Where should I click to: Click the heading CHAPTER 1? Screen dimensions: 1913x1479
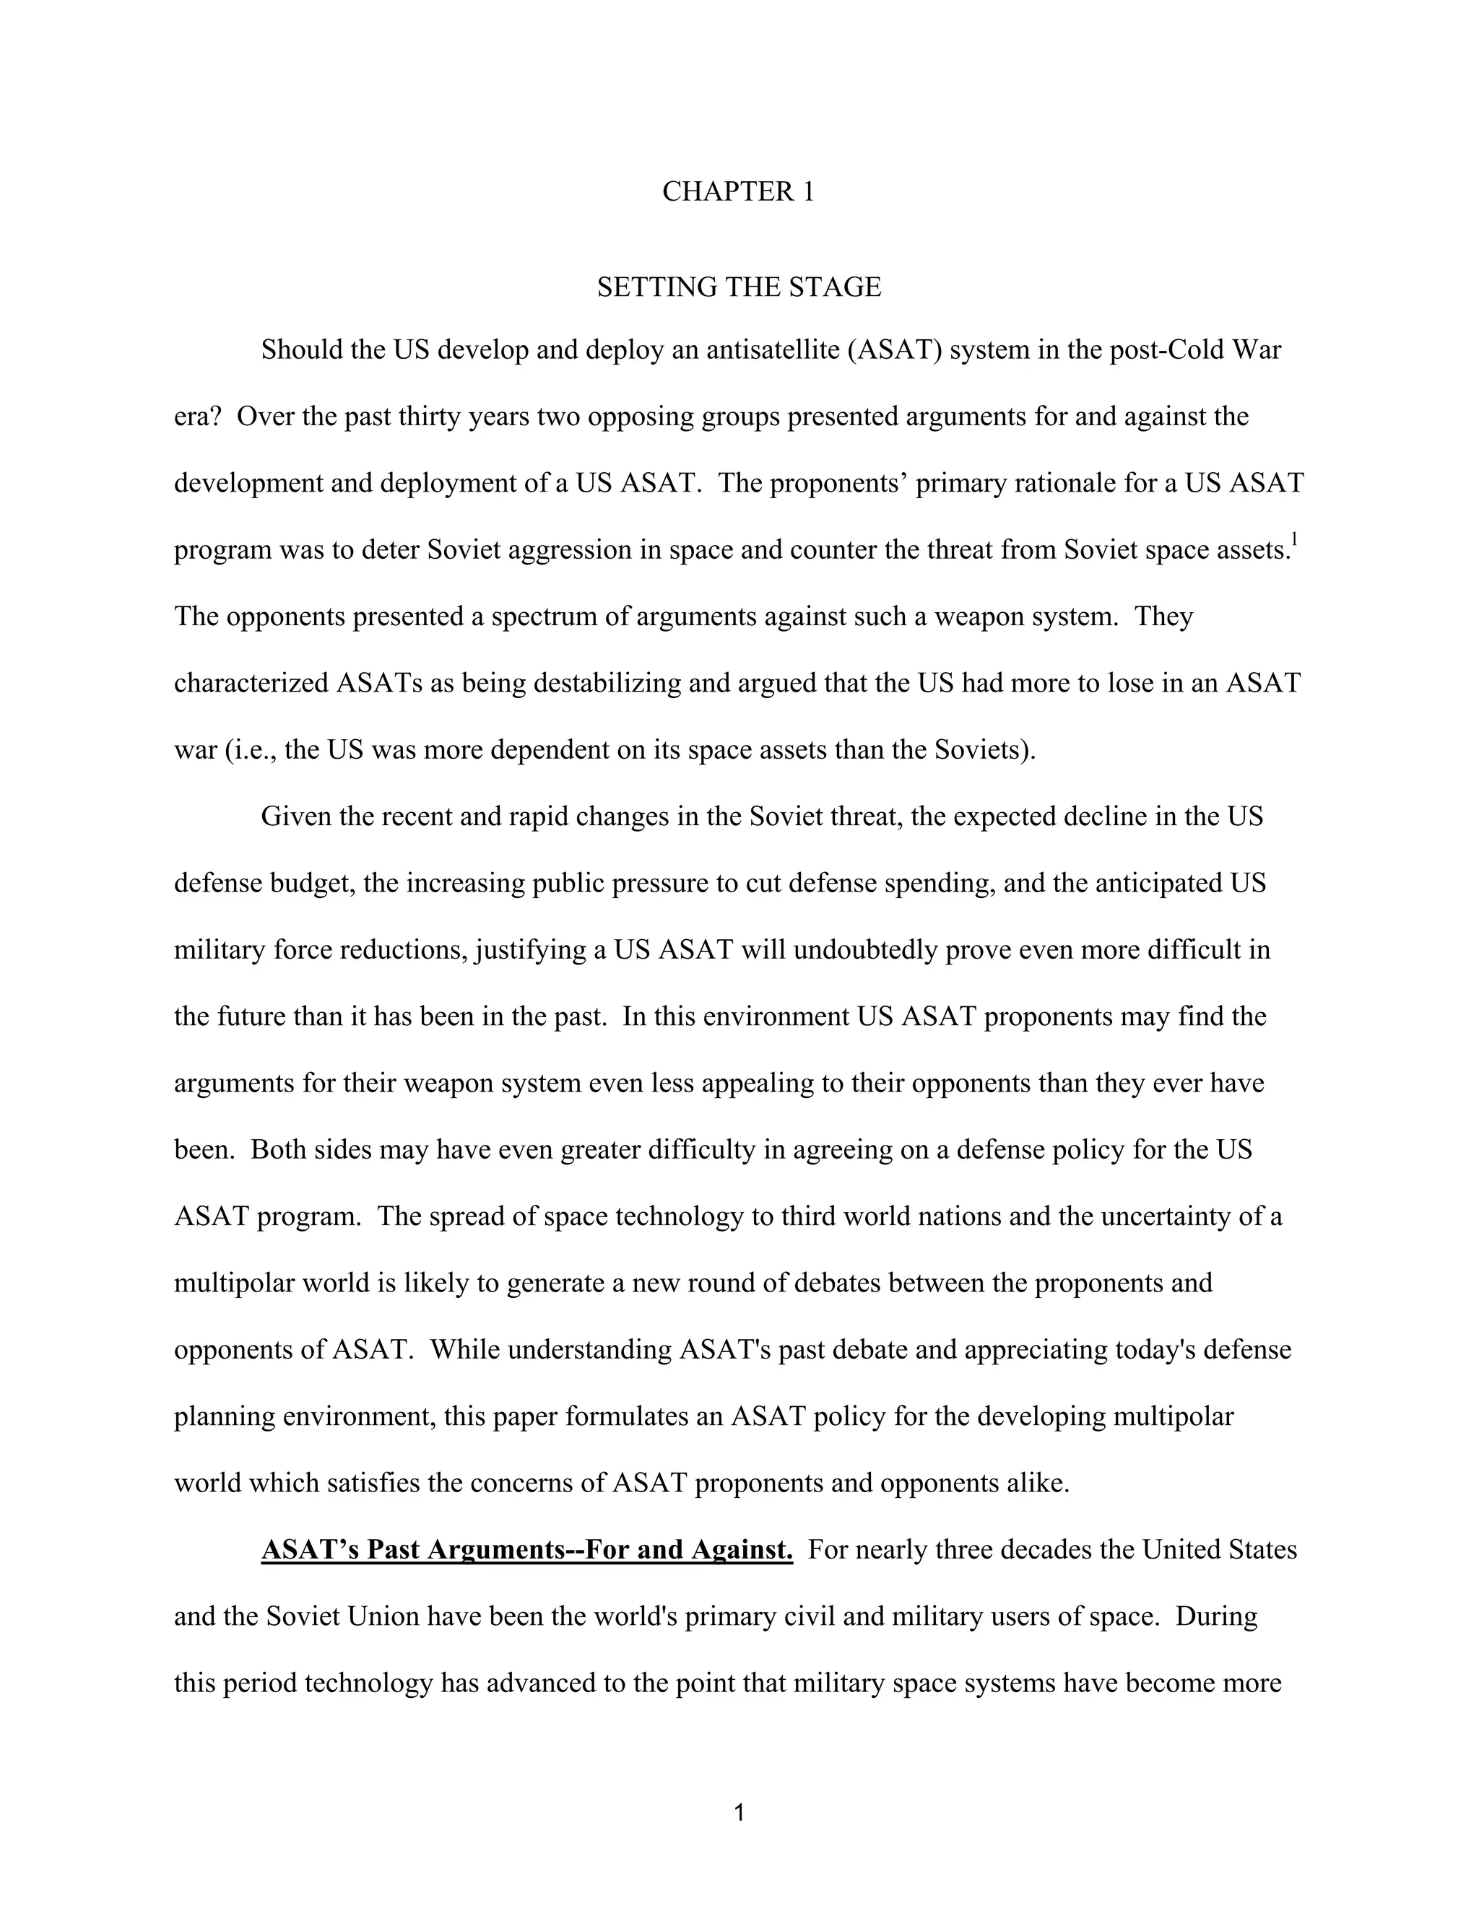click(x=738, y=191)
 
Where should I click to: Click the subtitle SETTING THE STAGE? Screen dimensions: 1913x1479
click(x=739, y=287)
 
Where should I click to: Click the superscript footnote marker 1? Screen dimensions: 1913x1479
click(x=1294, y=539)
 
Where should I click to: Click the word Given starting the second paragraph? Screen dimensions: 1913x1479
click(x=296, y=816)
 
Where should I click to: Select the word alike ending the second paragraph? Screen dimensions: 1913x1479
click(x=1040, y=1483)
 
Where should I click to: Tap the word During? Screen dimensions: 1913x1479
click(x=1216, y=1616)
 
